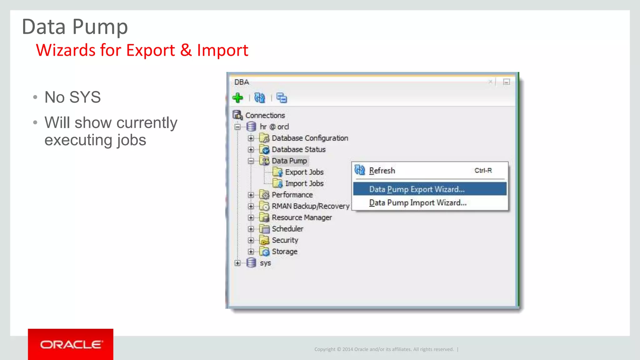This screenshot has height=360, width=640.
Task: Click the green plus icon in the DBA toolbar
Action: pos(238,98)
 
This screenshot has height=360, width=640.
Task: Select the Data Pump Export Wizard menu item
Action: pos(417,189)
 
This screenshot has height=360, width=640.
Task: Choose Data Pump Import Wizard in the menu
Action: pos(417,203)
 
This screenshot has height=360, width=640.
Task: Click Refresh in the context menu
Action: pos(382,171)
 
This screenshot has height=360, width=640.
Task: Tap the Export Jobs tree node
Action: pos(304,172)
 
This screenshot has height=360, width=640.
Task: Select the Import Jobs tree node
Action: pos(304,183)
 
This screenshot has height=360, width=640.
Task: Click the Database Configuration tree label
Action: pos(310,138)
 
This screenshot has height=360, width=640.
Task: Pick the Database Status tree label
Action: pos(298,149)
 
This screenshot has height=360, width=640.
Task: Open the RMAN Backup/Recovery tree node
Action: pos(310,206)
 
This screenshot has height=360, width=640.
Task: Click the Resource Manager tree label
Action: pos(302,217)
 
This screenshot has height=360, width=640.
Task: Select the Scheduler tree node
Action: pos(287,229)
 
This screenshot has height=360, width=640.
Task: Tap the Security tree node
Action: pos(285,240)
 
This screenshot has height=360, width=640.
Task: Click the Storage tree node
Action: pos(284,252)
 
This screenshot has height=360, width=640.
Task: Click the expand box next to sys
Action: pos(237,263)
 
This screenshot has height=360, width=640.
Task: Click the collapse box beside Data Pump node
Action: pos(251,161)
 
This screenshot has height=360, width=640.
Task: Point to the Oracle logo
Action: pos(71,344)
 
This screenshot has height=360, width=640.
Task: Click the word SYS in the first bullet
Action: pos(85,97)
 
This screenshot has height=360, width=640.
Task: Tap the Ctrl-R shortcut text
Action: pos(483,171)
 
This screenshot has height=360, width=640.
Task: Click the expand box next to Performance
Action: pos(251,195)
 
